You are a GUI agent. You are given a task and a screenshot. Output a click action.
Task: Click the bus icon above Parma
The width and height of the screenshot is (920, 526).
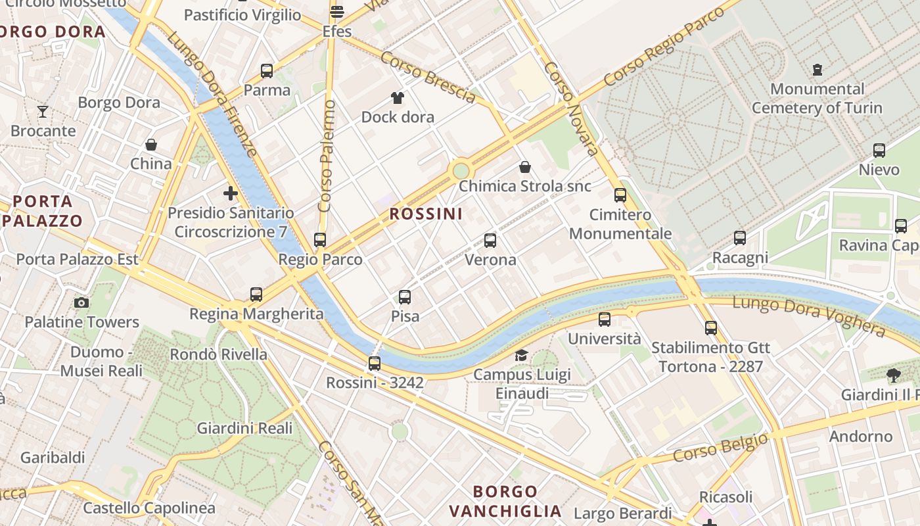point(266,70)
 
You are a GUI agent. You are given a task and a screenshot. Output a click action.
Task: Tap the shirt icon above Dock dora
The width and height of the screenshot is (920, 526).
point(398,98)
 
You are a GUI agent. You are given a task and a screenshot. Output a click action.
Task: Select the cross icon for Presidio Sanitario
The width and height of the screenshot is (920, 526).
point(230,193)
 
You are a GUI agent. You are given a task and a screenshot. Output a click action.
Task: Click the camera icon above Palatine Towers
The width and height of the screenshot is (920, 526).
point(81,302)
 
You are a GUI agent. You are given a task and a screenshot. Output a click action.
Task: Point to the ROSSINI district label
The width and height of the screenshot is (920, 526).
point(426,214)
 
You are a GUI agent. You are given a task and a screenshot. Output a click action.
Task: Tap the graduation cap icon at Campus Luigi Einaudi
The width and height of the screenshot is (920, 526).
point(521,355)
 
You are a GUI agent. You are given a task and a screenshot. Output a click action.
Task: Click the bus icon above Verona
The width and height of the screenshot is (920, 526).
point(490,241)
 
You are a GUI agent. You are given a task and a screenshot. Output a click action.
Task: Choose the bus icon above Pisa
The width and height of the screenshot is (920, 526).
point(405,297)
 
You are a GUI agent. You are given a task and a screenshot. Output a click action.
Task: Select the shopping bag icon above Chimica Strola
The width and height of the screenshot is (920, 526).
point(524,167)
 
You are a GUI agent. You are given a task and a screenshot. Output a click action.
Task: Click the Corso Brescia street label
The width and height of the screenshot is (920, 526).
point(428,78)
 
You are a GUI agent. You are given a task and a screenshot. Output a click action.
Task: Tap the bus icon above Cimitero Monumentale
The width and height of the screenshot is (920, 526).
point(620,195)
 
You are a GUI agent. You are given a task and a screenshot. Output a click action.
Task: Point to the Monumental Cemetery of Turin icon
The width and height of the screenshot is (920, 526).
point(817,69)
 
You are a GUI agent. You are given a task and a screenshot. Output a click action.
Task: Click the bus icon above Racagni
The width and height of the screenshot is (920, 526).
point(740,238)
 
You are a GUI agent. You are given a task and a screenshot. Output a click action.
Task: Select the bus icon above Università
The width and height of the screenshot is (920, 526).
point(605,320)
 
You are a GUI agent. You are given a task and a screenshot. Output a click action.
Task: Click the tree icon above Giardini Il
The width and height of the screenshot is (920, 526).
point(893,375)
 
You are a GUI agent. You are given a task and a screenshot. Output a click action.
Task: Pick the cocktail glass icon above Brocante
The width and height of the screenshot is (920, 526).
point(43,112)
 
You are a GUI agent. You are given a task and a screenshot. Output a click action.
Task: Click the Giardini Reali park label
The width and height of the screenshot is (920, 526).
point(244,428)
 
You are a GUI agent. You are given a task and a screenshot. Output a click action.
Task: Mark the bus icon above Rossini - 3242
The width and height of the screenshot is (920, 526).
point(375,363)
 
